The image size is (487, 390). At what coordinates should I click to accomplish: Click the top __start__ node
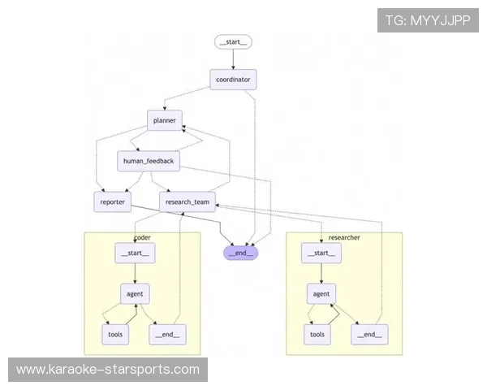coord(234,41)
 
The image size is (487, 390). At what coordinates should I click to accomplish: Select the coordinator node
coord(234,80)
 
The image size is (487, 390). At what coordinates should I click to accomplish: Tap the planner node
coord(165,120)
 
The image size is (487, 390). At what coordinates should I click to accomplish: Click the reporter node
coord(113,201)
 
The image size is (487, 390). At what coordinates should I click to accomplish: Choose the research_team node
coord(187,201)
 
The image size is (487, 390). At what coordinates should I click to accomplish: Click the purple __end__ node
coord(241,252)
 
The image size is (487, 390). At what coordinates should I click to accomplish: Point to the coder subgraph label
coord(142,237)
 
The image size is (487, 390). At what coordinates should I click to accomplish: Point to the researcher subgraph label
coord(344,237)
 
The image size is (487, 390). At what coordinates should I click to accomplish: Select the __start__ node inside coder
coord(135,253)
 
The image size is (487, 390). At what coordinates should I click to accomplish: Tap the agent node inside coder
coord(135,292)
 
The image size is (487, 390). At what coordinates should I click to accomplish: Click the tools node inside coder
coord(114,334)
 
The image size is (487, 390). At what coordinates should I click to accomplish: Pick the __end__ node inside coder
coord(166,334)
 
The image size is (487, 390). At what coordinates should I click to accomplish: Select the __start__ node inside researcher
coord(321,253)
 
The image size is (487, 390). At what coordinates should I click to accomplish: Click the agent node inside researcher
coord(321,292)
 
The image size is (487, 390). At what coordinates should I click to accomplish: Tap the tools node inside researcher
coord(317,334)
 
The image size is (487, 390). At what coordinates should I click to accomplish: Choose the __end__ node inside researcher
coord(368,334)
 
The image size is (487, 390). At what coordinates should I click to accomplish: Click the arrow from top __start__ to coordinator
coord(234,58)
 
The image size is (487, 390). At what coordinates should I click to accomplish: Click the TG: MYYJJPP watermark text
coord(428,20)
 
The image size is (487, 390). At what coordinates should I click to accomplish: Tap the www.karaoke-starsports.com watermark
coord(108,370)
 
